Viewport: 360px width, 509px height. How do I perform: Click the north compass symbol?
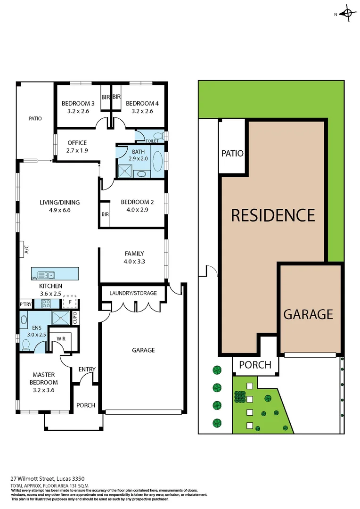(347, 14)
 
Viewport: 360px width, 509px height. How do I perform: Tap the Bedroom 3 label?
(78, 104)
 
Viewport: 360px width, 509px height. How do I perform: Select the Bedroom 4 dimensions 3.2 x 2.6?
(139, 112)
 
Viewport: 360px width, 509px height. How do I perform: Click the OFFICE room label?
(77, 143)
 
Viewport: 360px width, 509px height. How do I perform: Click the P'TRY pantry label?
(25, 304)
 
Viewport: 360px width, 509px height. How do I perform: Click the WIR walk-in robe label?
(61, 338)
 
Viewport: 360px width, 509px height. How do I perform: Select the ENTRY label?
(87, 369)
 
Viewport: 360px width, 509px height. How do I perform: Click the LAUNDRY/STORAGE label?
(133, 293)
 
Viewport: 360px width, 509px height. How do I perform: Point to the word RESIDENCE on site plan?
(273, 215)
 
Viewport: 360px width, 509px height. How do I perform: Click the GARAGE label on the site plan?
(308, 314)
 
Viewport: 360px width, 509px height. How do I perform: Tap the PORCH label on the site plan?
(255, 365)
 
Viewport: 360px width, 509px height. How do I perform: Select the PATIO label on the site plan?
(232, 153)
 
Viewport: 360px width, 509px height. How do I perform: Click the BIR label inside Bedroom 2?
(105, 214)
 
